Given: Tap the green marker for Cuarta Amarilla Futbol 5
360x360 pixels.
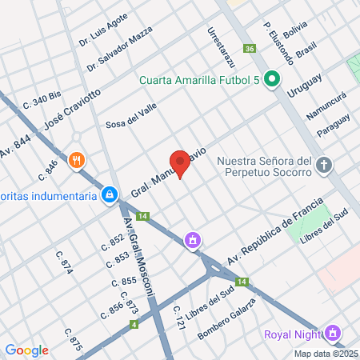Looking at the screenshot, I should pyautogui.click(x=272, y=79).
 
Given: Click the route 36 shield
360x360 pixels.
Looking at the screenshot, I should pyautogui.click(x=250, y=49).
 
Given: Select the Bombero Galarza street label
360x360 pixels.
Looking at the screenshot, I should pyautogui.click(x=226, y=319).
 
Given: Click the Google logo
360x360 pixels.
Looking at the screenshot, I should pyautogui.click(x=26, y=350).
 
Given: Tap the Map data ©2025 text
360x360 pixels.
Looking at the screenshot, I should pyautogui.click(x=326, y=353).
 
